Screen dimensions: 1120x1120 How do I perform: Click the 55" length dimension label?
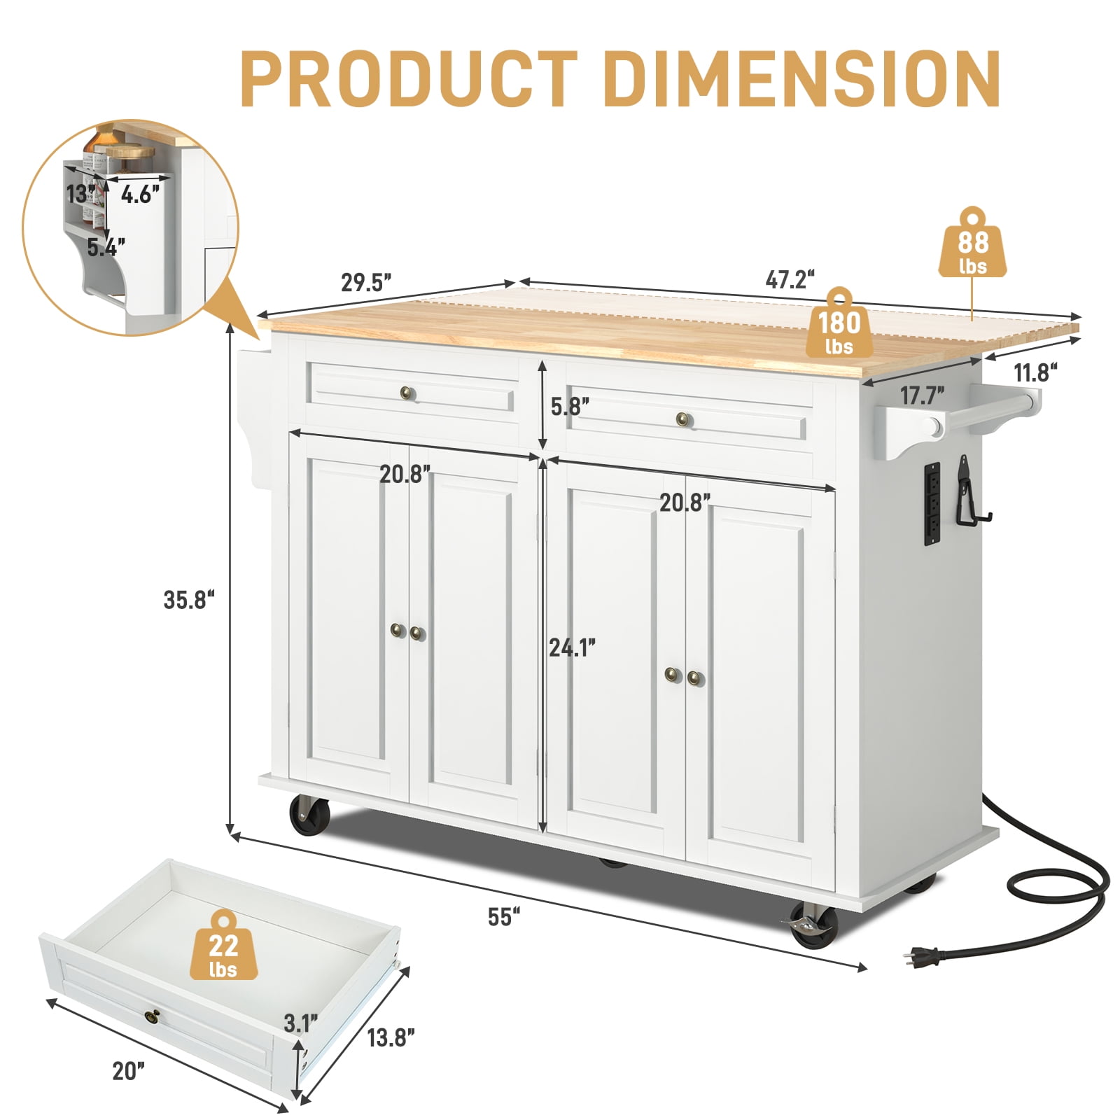(x=504, y=917)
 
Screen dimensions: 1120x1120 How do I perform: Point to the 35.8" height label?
(x=189, y=600)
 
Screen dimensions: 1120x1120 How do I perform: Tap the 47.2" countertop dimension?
(x=790, y=280)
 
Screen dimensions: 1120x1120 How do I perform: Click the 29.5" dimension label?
(x=366, y=282)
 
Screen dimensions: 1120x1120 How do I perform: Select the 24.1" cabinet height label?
(x=572, y=648)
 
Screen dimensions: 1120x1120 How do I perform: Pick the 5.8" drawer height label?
(x=570, y=406)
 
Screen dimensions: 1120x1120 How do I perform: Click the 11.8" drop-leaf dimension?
(x=1036, y=372)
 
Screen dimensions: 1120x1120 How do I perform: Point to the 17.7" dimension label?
(x=922, y=396)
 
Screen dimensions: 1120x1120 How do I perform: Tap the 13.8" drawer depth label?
(x=391, y=1037)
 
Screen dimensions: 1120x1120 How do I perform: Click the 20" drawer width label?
(x=129, y=1071)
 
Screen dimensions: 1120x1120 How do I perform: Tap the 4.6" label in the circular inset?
(x=140, y=194)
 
